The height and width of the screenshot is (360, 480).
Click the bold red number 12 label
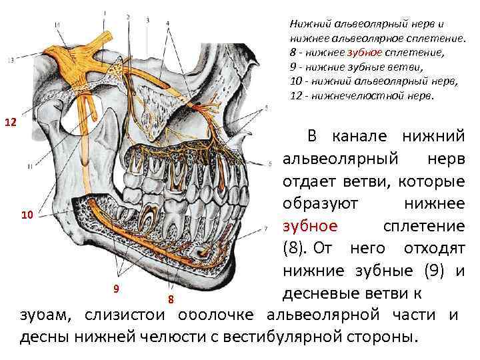(x=11, y=123)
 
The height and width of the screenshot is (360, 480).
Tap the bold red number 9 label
(x=115, y=288)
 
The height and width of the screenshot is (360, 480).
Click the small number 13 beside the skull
(x=9, y=60)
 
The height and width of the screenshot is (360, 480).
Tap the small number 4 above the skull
(x=167, y=23)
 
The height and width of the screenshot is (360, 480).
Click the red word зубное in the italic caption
(x=363, y=52)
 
